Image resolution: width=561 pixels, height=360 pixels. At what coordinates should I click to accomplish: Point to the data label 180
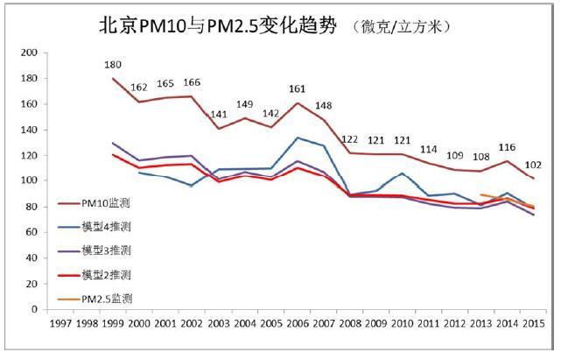click(x=113, y=65)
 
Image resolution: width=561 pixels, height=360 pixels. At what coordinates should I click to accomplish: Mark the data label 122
click(x=350, y=139)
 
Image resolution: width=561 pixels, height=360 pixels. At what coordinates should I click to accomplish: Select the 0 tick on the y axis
click(x=34, y=309)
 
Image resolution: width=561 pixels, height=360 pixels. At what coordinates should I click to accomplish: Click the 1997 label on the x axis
click(x=60, y=325)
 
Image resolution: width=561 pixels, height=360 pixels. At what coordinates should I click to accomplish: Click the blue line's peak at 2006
click(x=296, y=138)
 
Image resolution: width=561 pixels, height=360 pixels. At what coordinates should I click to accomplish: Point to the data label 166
click(x=192, y=83)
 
